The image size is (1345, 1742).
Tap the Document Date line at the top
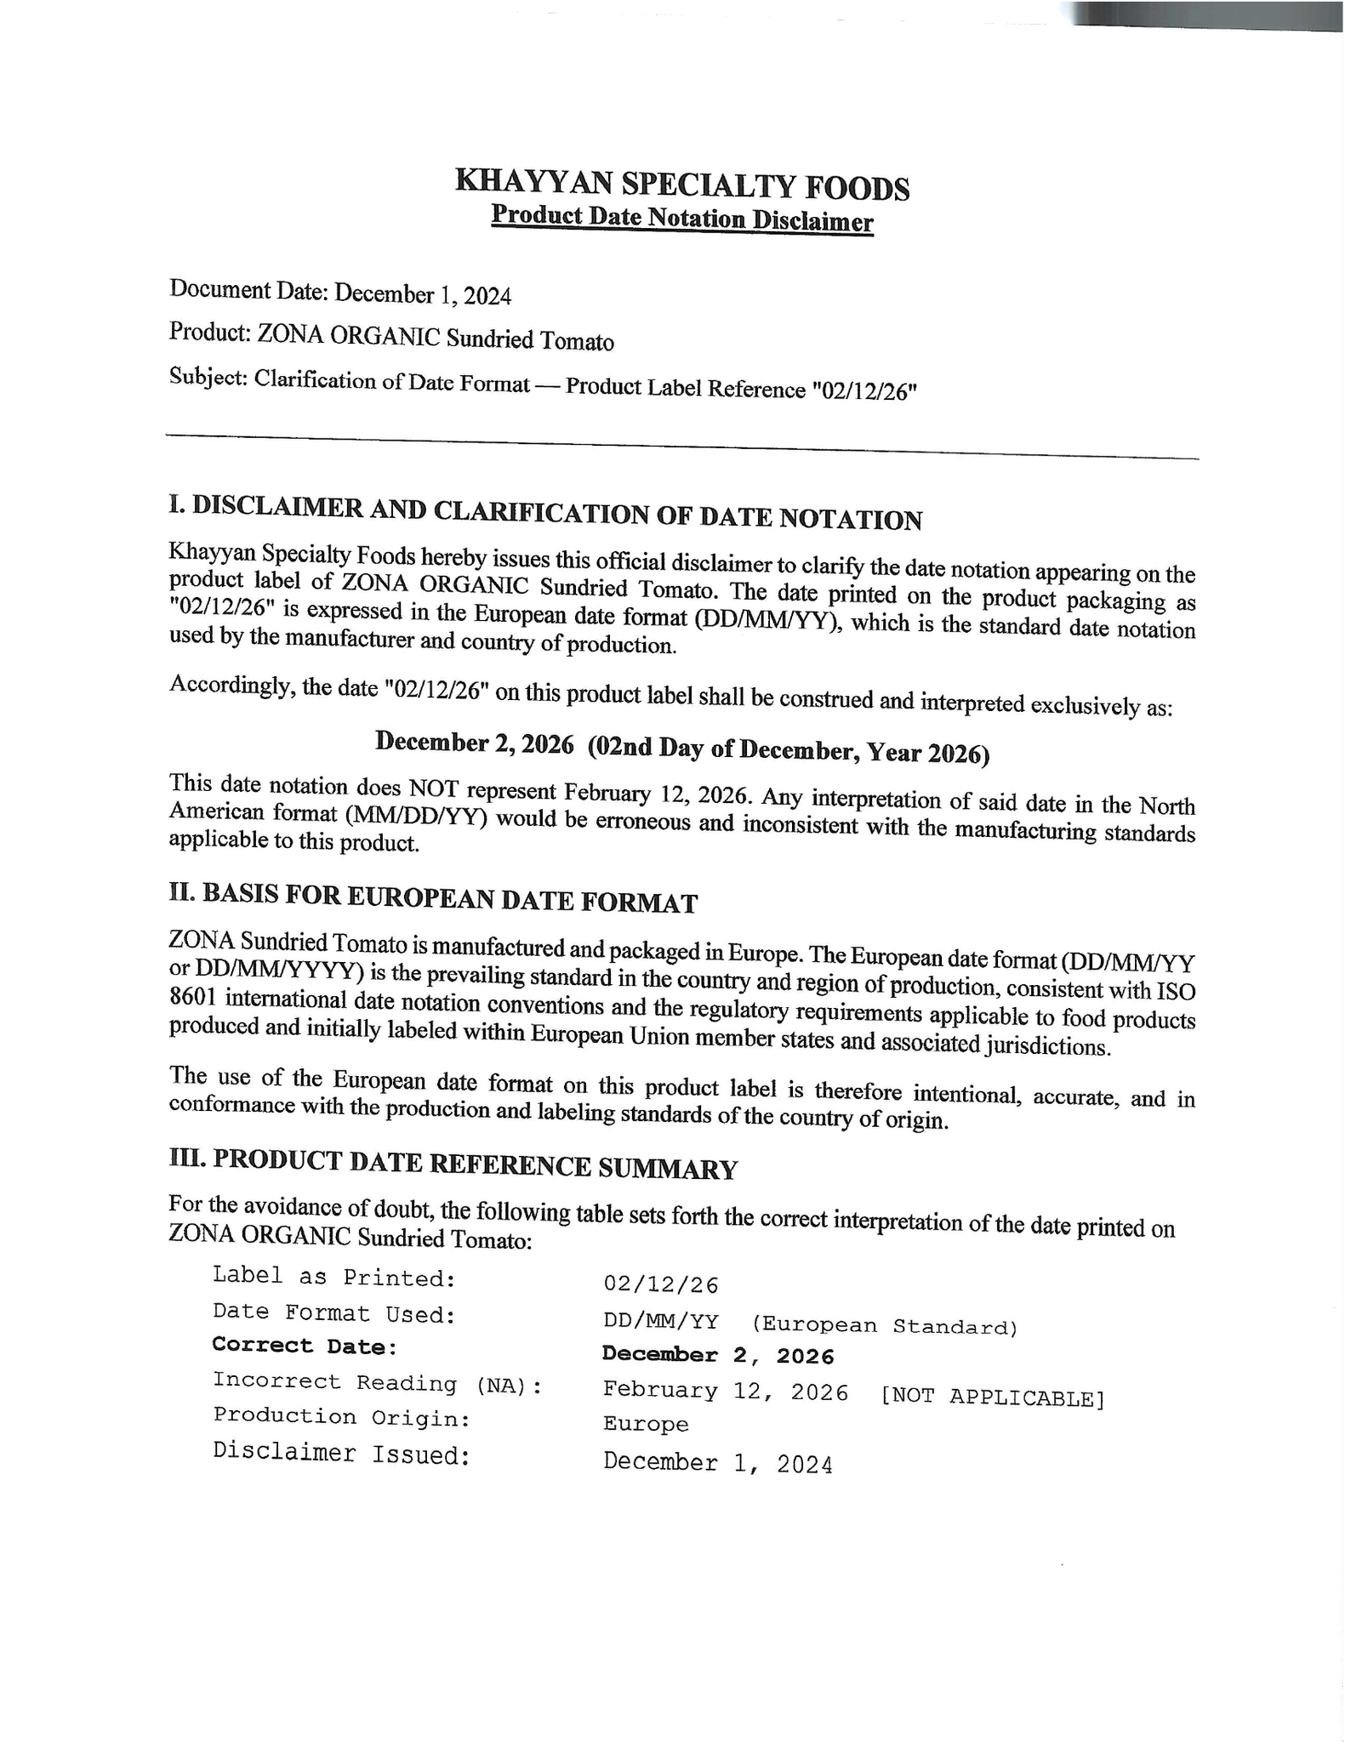pos(340,293)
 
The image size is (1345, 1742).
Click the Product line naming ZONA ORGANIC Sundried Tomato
pos(391,337)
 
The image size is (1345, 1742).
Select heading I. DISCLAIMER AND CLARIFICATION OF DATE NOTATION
pos(545,513)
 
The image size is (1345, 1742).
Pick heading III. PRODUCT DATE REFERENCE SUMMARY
pos(453,1164)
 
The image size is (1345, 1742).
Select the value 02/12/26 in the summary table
pos(661,1284)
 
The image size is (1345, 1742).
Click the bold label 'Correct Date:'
pos(305,1346)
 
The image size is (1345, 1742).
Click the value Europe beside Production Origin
pos(646,1424)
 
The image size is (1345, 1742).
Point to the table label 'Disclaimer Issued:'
pos(342,1453)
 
